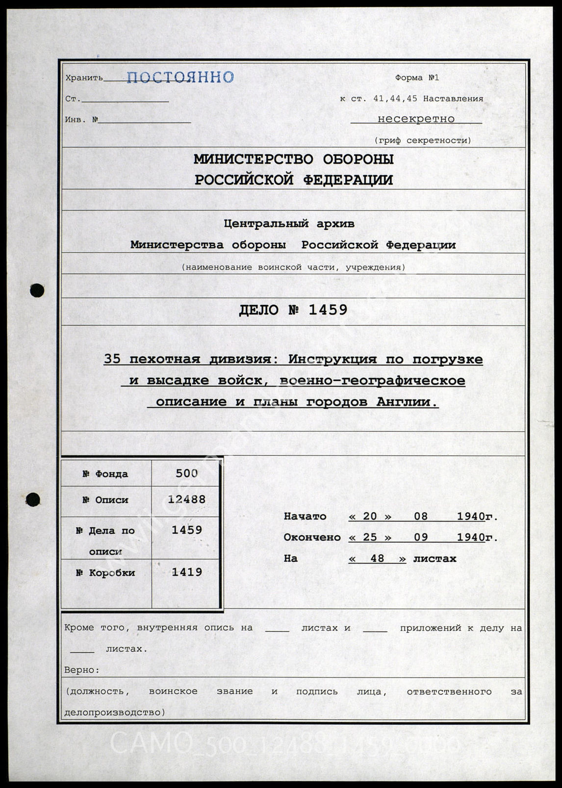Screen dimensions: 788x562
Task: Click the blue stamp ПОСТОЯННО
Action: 180,77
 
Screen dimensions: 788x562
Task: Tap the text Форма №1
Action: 417,78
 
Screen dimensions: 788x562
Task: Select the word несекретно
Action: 416,119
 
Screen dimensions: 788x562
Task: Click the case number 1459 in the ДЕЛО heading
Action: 328,310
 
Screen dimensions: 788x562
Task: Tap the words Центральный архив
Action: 289,224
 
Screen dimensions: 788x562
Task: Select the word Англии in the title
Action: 406,402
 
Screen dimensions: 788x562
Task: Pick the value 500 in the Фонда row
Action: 186,473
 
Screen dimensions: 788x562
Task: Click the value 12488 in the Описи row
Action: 186,499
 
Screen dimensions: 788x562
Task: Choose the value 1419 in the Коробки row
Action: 186,572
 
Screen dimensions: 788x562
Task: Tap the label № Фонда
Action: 105,474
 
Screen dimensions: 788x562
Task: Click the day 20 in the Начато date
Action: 370,516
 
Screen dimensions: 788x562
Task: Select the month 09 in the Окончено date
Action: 421,537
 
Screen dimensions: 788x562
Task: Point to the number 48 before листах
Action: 377,558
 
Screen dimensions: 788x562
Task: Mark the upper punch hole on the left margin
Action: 37,290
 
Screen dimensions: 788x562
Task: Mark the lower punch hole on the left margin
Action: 33,500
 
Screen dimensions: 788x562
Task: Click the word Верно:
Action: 82,670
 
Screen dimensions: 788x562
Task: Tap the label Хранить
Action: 84,78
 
